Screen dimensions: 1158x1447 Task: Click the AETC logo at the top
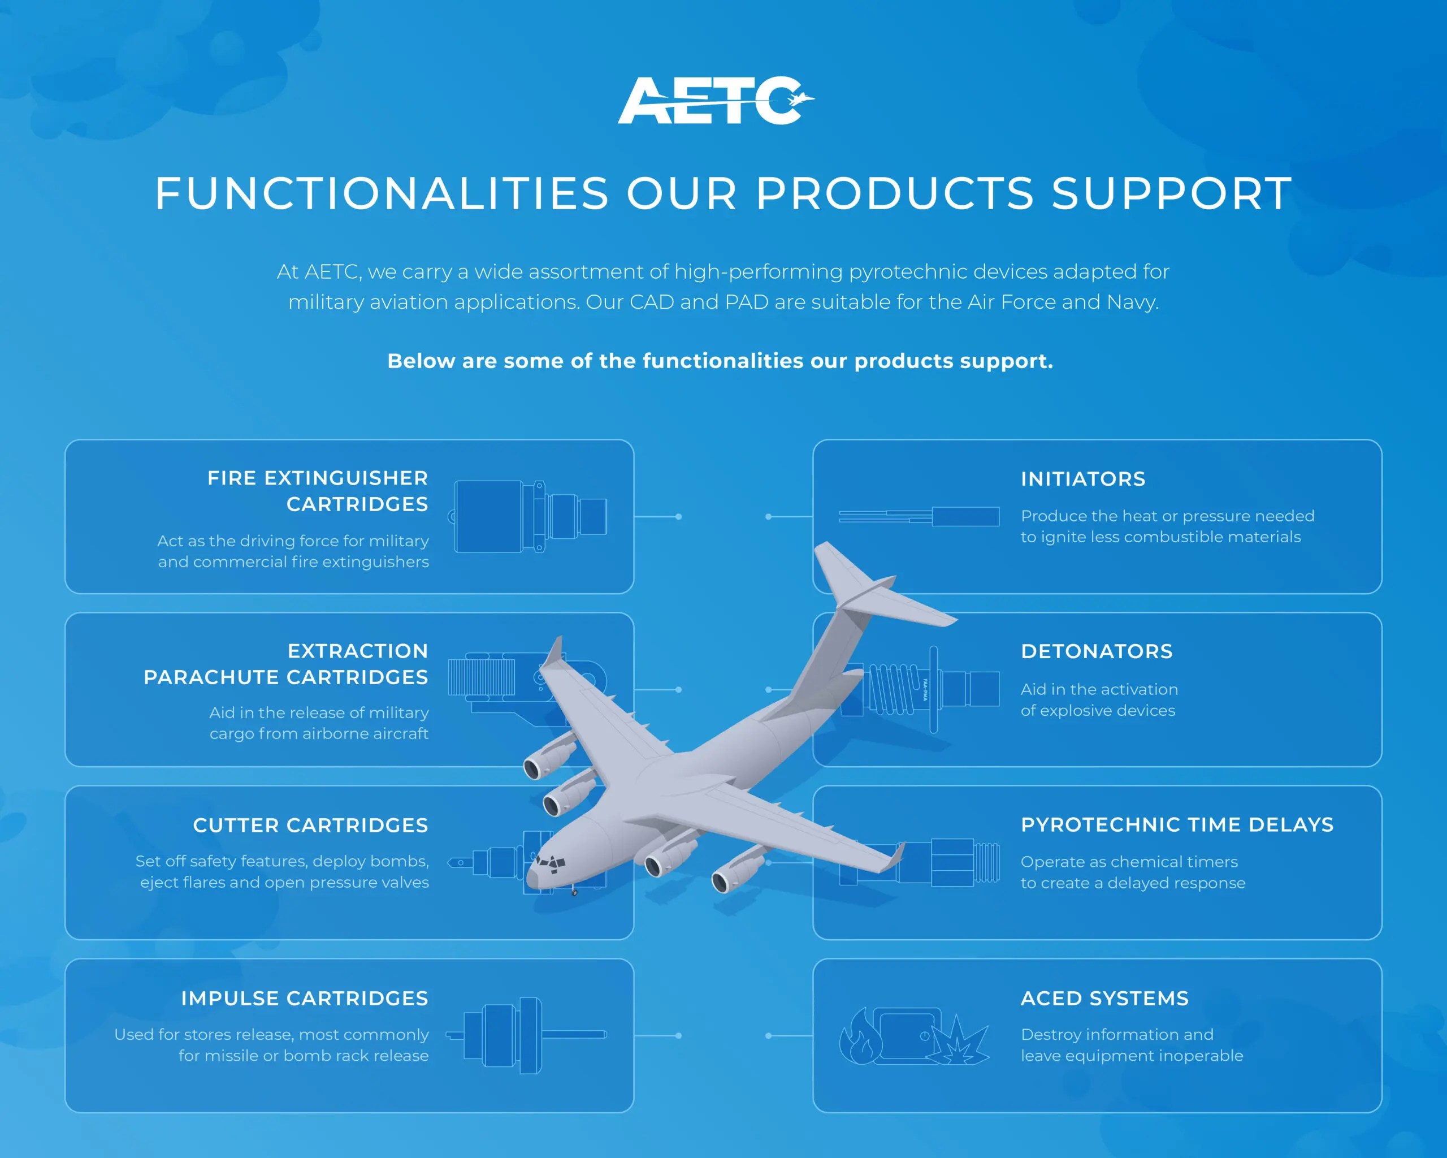pyautogui.click(x=716, y=101)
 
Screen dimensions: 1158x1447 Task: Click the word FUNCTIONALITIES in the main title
pyautogui.click(x=381, y=193)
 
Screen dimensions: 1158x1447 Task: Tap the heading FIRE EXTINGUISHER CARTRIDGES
pyautogui.click(x=318, y=491)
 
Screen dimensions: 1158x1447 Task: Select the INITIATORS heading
pyautogui.click(x=1082, y=479)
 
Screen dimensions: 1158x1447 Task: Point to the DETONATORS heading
pyautogui.click(x=1096, y=651)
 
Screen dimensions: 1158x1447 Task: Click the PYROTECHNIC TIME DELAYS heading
pyautogui.click(x=1176, y=824)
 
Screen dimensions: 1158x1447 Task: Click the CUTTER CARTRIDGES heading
pyautogui.click(x=310, y=825)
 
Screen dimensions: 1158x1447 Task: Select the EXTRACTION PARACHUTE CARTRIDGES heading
pyautogui.click(x=287, y=664)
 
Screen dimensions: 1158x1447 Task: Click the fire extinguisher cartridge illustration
pyautogui.click(x=530, y=516)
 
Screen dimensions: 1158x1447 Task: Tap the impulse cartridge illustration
pyautogui.click(x=526, y=1035)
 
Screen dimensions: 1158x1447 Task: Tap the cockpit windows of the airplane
pyautogui.click(x=551, y=863)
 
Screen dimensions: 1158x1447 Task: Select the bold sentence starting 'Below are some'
pyautogui.click(x=720, y=361)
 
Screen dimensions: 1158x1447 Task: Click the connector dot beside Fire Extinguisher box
pyautogui.click(x=678, y=516)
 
